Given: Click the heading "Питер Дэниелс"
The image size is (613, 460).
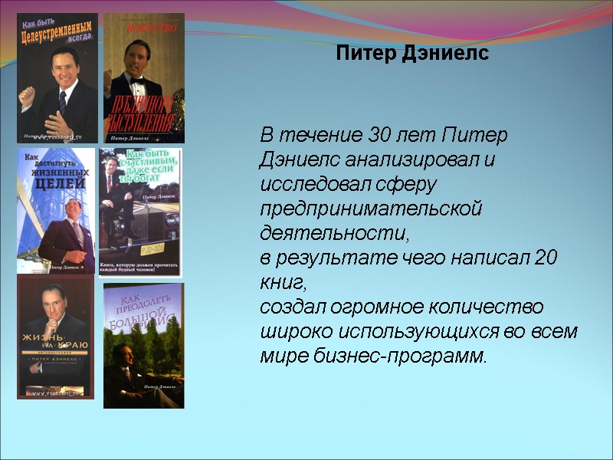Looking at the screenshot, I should pyautogui.click(x=412, y=54).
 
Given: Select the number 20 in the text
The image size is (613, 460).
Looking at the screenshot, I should pyautogui.click(x=546, y=258).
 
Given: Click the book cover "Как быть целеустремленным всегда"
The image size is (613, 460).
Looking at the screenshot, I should pyautogui.click(x=57, y=78).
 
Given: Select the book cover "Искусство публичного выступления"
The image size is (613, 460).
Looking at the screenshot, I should pyautogui.click(x=144, y=78).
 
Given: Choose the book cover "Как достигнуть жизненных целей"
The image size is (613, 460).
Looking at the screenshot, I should pyautogui.click(x=56, y=211).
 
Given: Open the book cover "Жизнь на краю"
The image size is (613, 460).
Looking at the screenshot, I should pyautogui.click(x=55, y=337).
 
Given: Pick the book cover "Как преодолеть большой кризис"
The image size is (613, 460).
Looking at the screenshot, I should pyautogui.click(x=143, y=345).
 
